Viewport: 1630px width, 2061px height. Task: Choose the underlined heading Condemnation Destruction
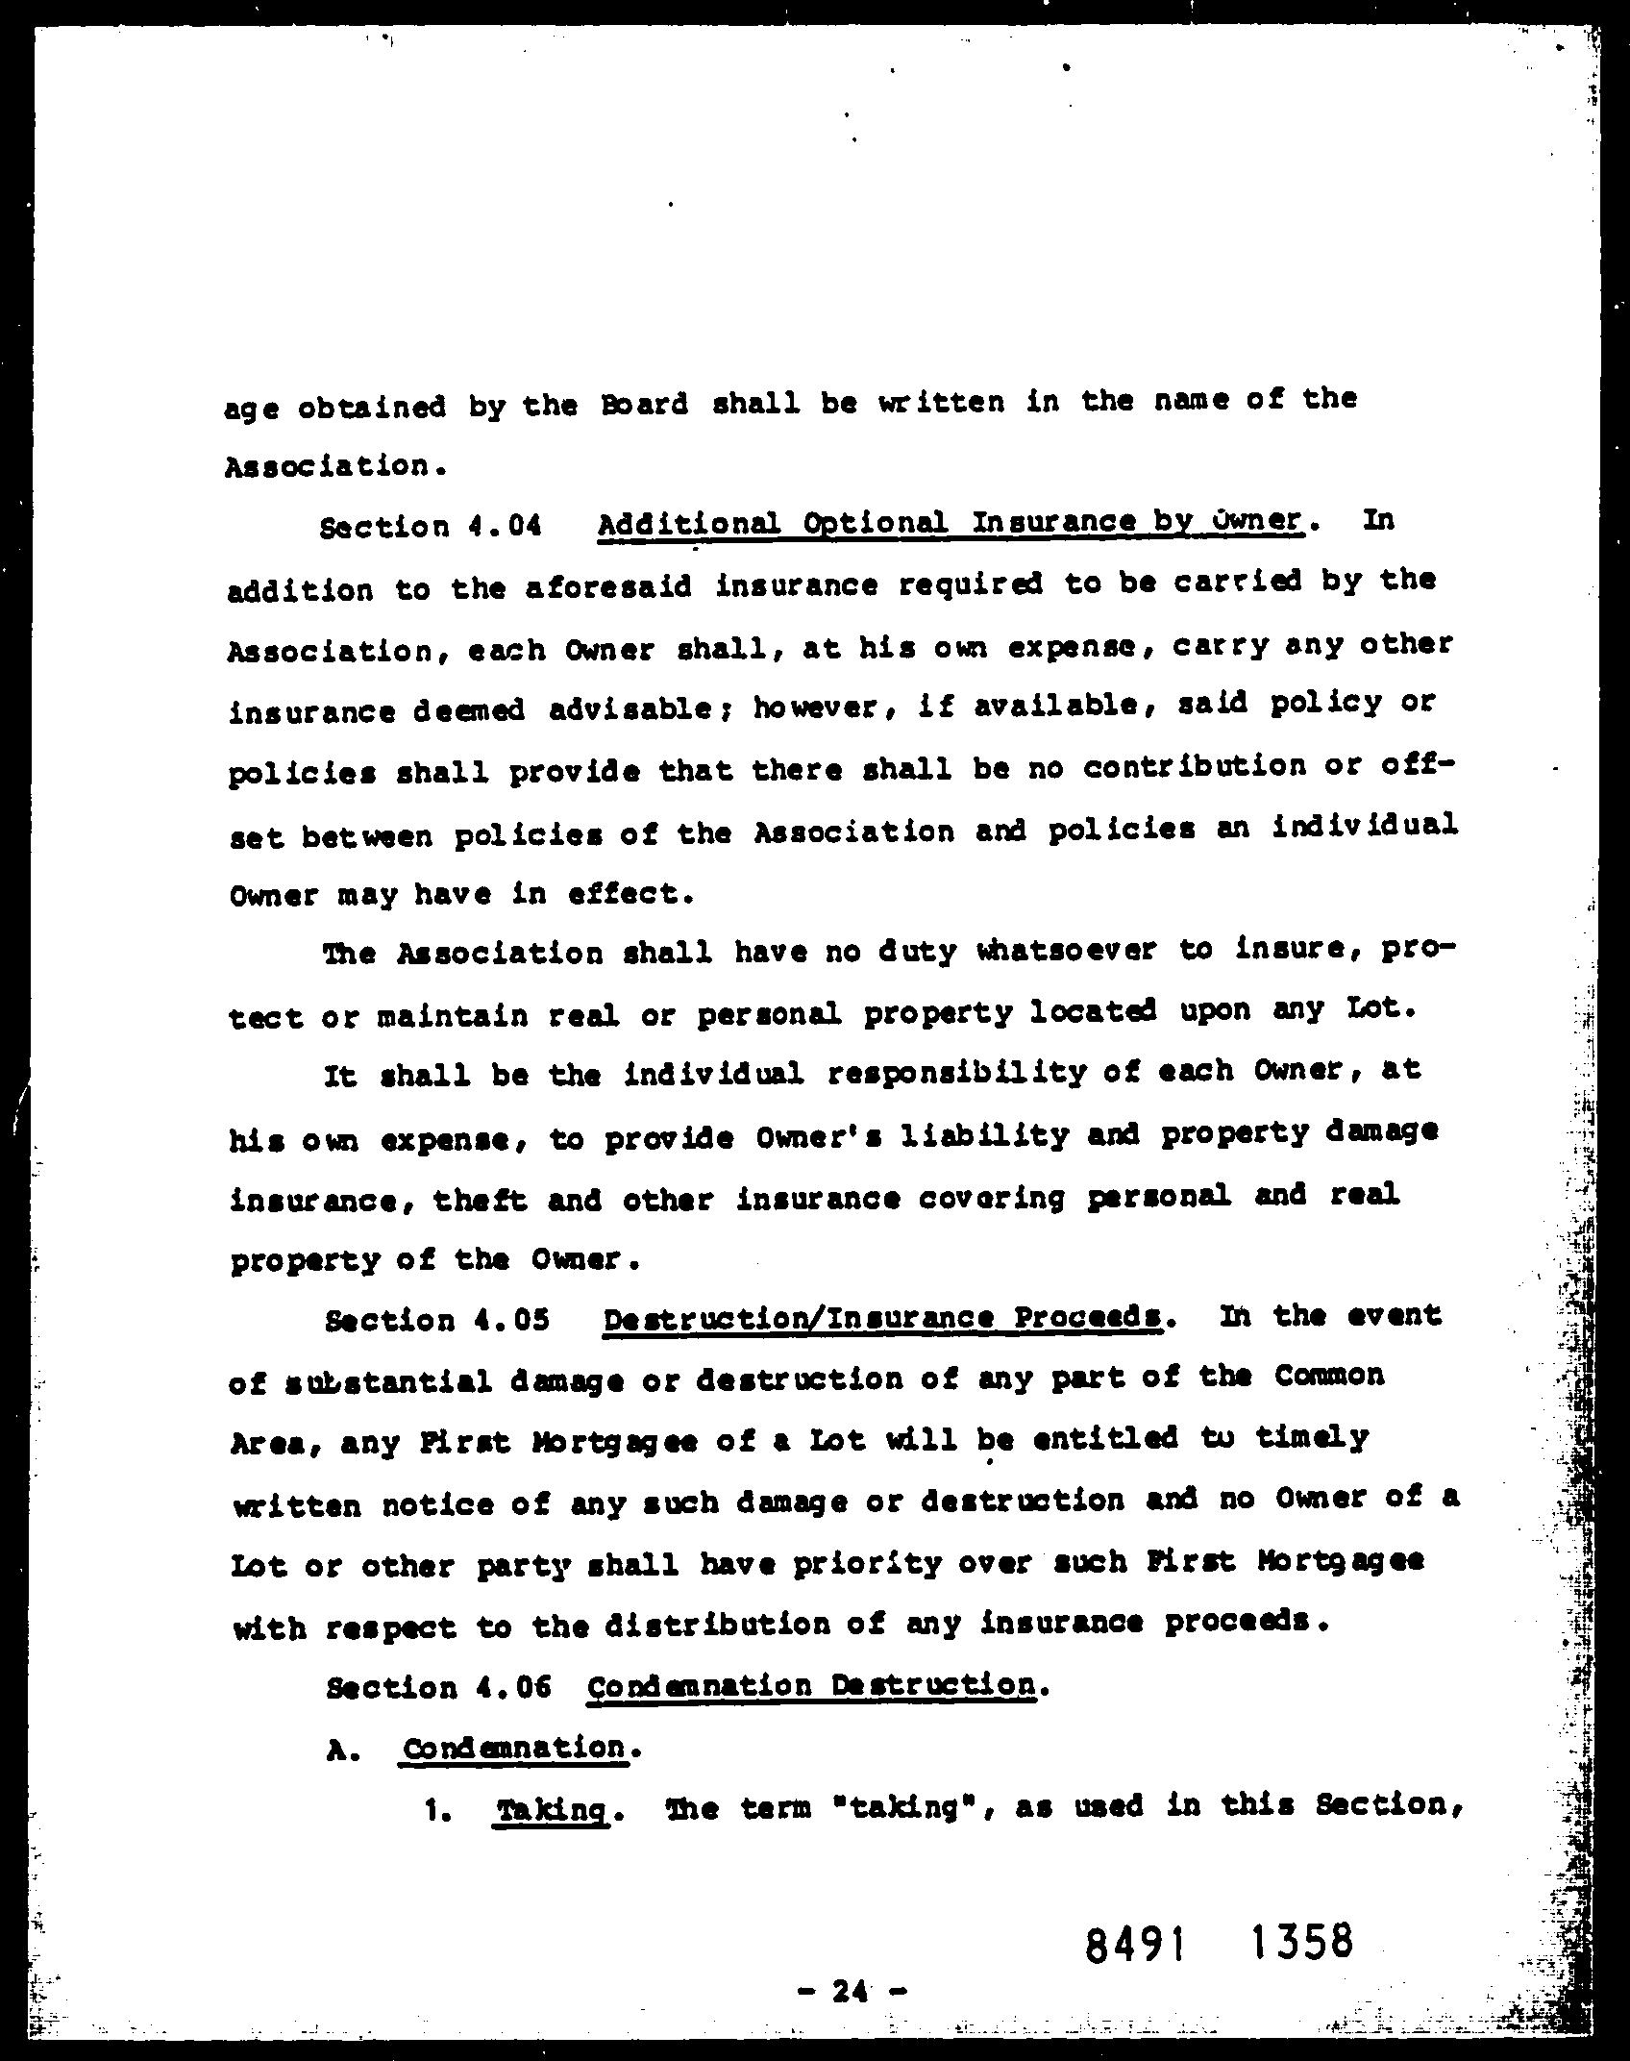[810, 1685]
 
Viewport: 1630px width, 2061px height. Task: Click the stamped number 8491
[1134, 1946]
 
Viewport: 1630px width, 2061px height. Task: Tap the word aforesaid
[609, 586]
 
